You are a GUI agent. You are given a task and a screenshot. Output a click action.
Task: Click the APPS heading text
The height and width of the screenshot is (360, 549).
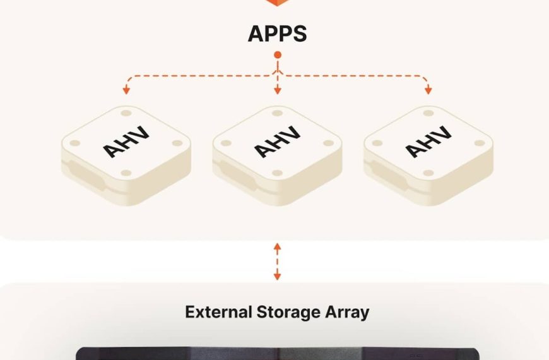point(277,33)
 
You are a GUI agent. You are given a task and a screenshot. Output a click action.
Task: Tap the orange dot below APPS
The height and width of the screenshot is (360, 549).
point(277,56)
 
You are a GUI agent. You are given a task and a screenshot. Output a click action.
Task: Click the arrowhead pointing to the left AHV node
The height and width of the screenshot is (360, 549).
point(126,91)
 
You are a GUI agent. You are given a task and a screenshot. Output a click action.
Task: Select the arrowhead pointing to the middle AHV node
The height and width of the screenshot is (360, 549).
point(277,91)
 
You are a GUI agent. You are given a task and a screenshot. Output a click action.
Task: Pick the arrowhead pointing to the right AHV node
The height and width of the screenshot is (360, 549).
point(428,91)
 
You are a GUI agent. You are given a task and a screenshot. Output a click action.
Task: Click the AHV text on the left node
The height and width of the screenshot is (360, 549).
point(126,142)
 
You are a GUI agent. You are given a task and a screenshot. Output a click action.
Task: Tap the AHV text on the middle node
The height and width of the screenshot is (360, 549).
point(277,142)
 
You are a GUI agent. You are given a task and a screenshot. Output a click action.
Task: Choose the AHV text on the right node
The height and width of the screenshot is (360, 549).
point(428,142)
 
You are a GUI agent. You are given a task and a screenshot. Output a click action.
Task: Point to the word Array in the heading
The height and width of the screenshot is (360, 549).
point(346,312)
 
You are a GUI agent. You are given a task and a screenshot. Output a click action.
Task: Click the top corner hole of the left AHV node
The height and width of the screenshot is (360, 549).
point(126,113)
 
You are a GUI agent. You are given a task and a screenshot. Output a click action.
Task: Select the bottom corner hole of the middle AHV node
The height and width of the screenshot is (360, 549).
point(277,172)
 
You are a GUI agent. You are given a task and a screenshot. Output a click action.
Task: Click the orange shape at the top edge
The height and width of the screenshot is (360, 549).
point(277,3)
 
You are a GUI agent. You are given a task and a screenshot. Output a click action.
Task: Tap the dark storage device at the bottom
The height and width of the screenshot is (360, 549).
point(277,354)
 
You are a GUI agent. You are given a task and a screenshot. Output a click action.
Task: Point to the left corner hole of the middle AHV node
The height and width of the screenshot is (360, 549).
point(227,143)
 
